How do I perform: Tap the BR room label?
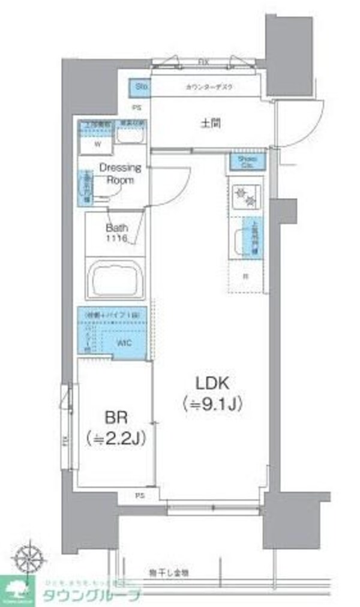pos(116,417)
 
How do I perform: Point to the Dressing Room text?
pos(119,173)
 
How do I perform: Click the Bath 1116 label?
pos(117,233)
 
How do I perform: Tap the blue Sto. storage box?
pos(141,87)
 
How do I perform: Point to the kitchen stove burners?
pos(244,194)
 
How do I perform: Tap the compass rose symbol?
pos(28,558)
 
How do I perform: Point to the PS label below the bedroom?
pos(140,495)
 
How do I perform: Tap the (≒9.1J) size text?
pos(212,405)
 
